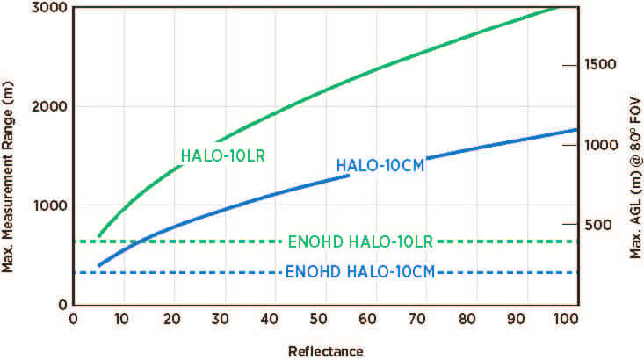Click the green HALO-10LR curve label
(223, 156)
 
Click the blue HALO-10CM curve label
(380, 166)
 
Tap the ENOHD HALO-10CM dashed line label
(361, 272)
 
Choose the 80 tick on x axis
(474, 319)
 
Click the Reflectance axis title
(325, 351)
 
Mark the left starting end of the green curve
(98, 236)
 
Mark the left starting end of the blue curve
(98, 265)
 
